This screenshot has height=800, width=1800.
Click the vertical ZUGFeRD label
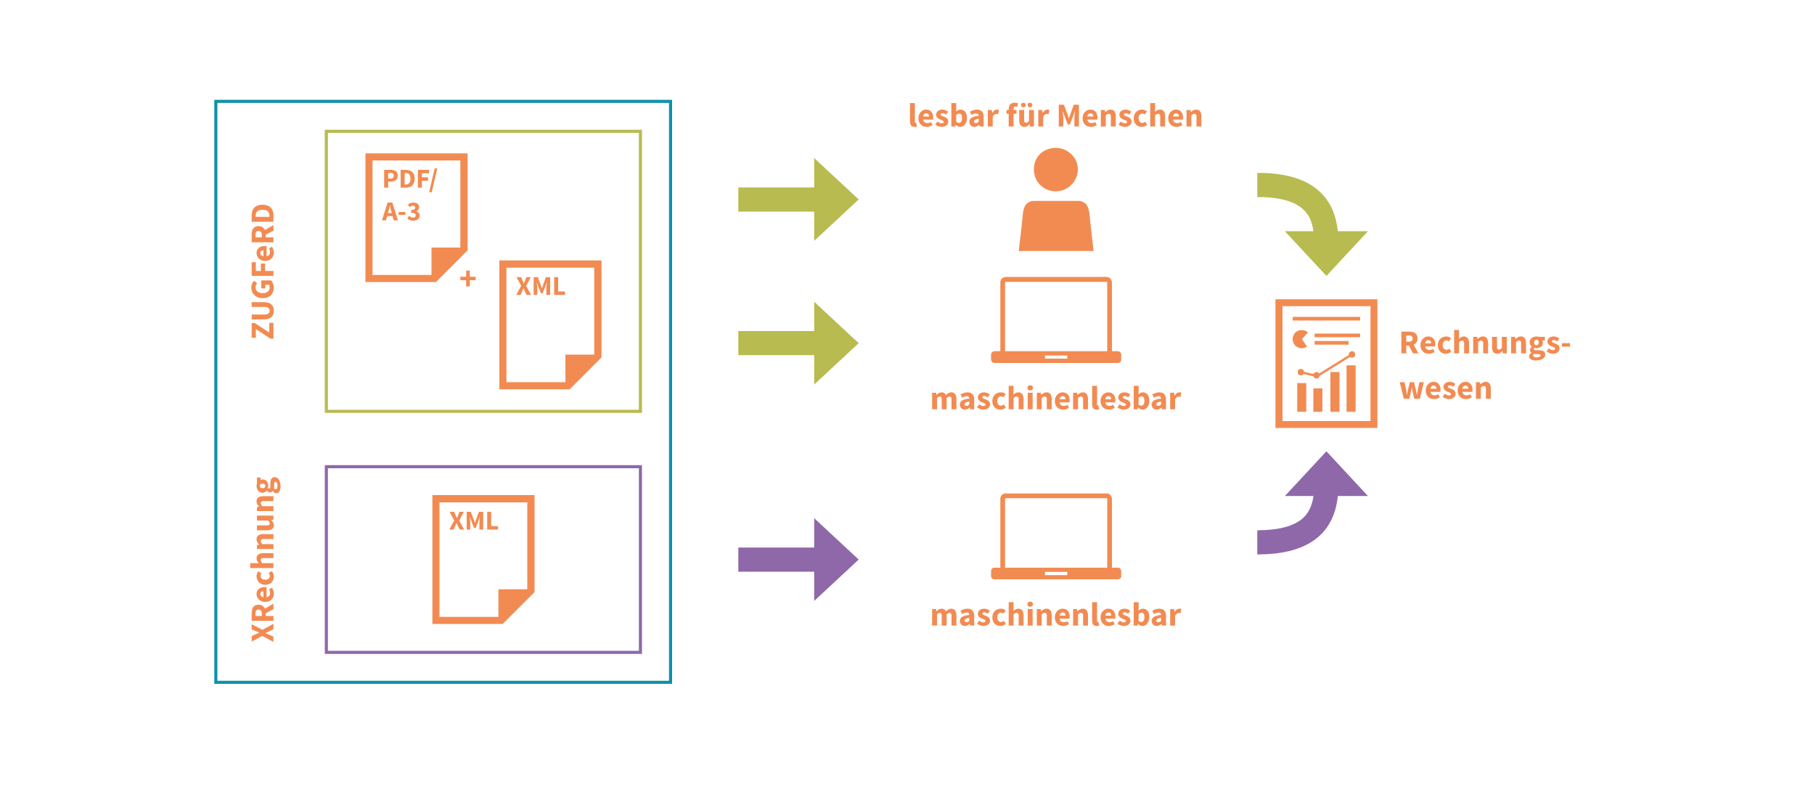(x=263, y=272)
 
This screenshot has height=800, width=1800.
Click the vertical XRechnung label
(x=264, y=559)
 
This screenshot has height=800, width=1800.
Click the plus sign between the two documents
(x=468, y=278)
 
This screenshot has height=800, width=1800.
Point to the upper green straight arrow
(x=798, y=200)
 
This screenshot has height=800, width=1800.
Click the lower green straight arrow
(x=798, y=343)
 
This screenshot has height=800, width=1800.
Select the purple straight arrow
(x=798, y=560)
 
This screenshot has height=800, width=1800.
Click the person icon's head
(x=1055, y=170)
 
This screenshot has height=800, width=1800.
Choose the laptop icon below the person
(x=1056, y=320)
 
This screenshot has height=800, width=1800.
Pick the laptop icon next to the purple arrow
(x=1056, y=536)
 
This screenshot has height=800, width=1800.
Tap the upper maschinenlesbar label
(x=1056, y=399)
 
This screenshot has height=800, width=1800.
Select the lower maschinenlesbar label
(x=1056, y=616)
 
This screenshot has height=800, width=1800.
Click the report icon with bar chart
(x=1326, y=364)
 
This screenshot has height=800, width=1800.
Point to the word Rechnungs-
(x=1485, y=343)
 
